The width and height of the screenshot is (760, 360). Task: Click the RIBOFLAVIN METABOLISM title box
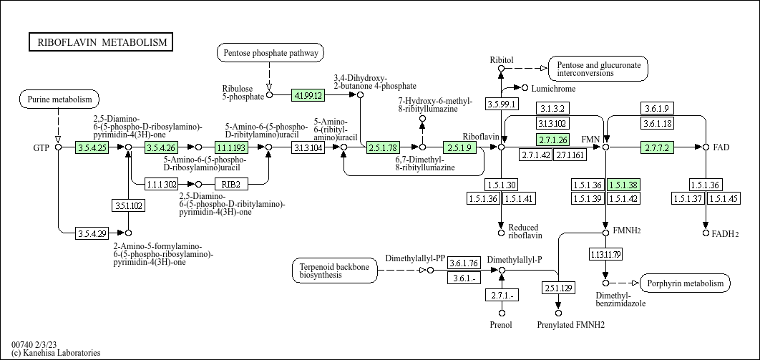(101, 42)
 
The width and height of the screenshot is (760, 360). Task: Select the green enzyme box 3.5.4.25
(92, 147)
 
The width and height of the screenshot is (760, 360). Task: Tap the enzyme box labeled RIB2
(230, 184)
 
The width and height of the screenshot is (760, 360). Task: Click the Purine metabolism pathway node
(59, 99)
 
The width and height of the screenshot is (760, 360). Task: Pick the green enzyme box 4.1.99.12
(308, 94)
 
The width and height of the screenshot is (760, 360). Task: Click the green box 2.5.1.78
(383, 147)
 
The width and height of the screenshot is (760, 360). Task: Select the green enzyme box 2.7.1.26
(552, 140)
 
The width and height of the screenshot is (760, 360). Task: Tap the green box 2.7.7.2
(656, 147)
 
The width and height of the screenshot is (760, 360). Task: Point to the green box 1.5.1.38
(623, 185)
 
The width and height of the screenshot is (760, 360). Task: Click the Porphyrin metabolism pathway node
(685, 283)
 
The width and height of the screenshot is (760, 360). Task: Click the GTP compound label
(41, 148)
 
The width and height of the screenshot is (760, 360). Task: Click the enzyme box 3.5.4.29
(92, 233)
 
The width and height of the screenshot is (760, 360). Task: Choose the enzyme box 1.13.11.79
(605, 253)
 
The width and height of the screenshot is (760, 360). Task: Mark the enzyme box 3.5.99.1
(502, 104)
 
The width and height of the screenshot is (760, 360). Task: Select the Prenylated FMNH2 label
(570, 325)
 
